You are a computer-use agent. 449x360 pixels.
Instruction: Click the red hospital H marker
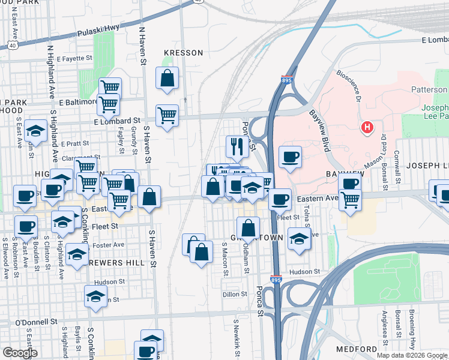[367, 128]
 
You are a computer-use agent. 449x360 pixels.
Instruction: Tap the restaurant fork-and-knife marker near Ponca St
[238, 145]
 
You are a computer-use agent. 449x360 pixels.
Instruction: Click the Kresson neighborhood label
[183, 53]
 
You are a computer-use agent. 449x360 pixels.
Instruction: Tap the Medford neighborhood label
[357, 349]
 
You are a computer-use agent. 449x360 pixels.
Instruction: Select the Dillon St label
[235, 294]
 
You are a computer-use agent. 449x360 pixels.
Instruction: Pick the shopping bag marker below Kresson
[167, 78]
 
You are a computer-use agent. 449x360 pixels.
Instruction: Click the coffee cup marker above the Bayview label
[290, 157]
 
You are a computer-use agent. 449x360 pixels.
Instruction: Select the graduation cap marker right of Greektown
[299, 239]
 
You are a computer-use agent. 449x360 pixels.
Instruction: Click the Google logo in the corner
[20, 352]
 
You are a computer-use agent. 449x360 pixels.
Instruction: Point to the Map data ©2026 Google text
[412, 355]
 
